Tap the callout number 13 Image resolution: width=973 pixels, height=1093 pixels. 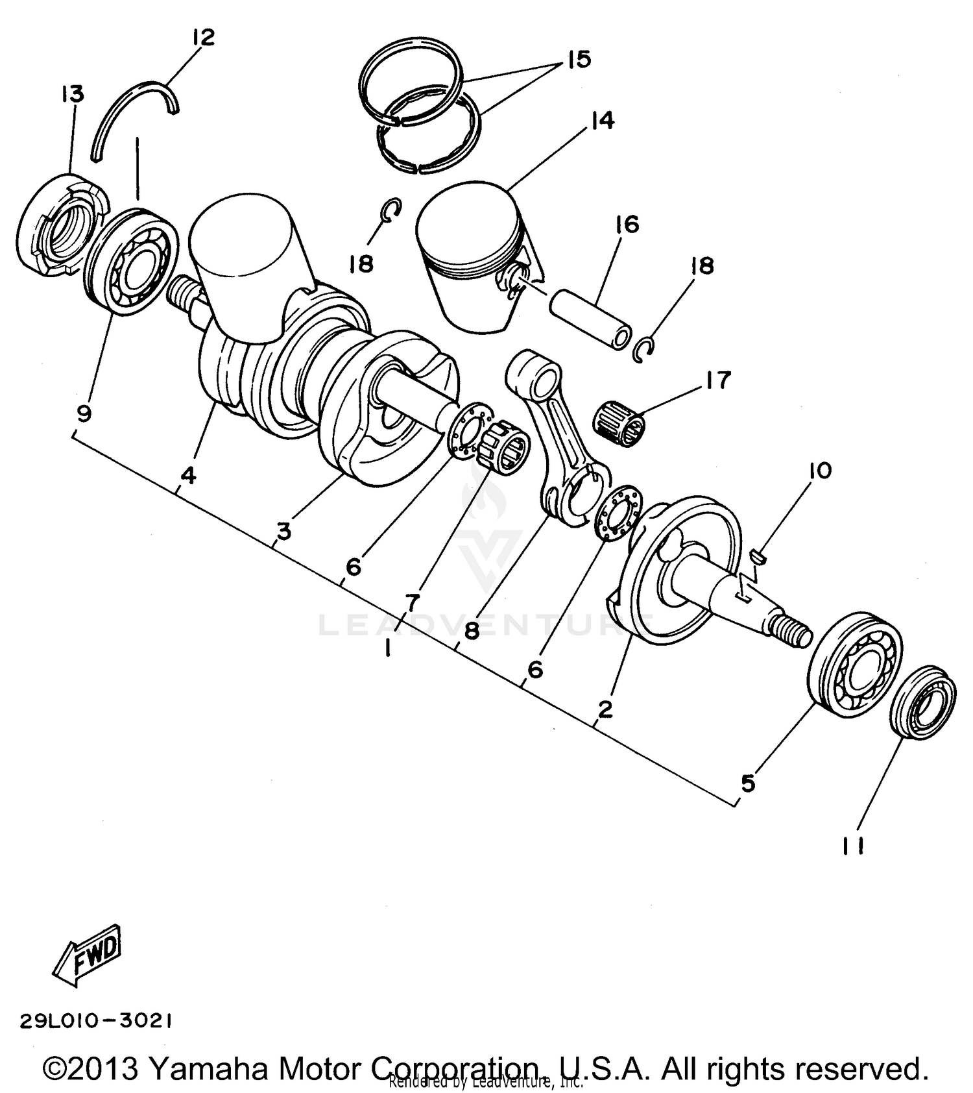pyautogui.click(x=73, y=94)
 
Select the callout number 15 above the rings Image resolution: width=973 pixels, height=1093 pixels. pyautogui.click(x=578, y=60)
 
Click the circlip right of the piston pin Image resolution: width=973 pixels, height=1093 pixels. pyautogui.click(x=643, y=350)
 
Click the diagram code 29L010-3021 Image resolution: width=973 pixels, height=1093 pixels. pyautogui.click(x=96, y=1021)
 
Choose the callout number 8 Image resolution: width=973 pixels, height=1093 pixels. pyautogui.click(x=472, y=630)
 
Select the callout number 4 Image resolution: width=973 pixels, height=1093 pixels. pyautogui.click(x=187, y=476)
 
